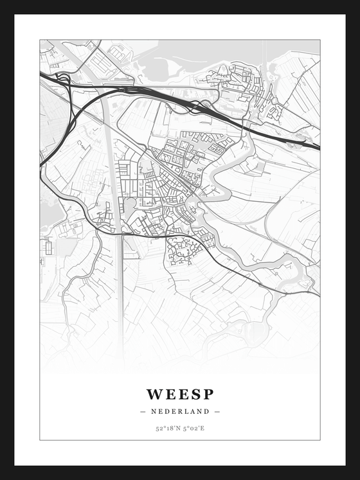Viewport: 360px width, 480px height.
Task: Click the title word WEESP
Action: pyautogui.click(x=180, y=394)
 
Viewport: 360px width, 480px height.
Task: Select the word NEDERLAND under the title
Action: pyautogui.click(x=180, y=411)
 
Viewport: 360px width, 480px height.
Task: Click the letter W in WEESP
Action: pyautogui.click(x=154, y=394)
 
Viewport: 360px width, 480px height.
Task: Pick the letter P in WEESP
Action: pyautogui.click(x=208, y=394)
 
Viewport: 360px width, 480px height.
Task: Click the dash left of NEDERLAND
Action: pyautogui.click(x=142, y=411)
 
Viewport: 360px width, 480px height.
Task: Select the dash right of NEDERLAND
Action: pyautogui.click(x=217, y=411)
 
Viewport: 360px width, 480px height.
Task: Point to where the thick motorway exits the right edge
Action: pyautogui.click(x=318, y=147)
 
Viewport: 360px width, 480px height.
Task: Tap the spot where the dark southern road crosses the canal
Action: pyautogui.click(x=120, y=235)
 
